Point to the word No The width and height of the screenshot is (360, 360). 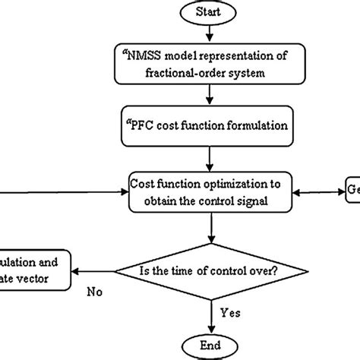click(95, 289)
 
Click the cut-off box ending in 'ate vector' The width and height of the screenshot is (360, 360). click(33, 270)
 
